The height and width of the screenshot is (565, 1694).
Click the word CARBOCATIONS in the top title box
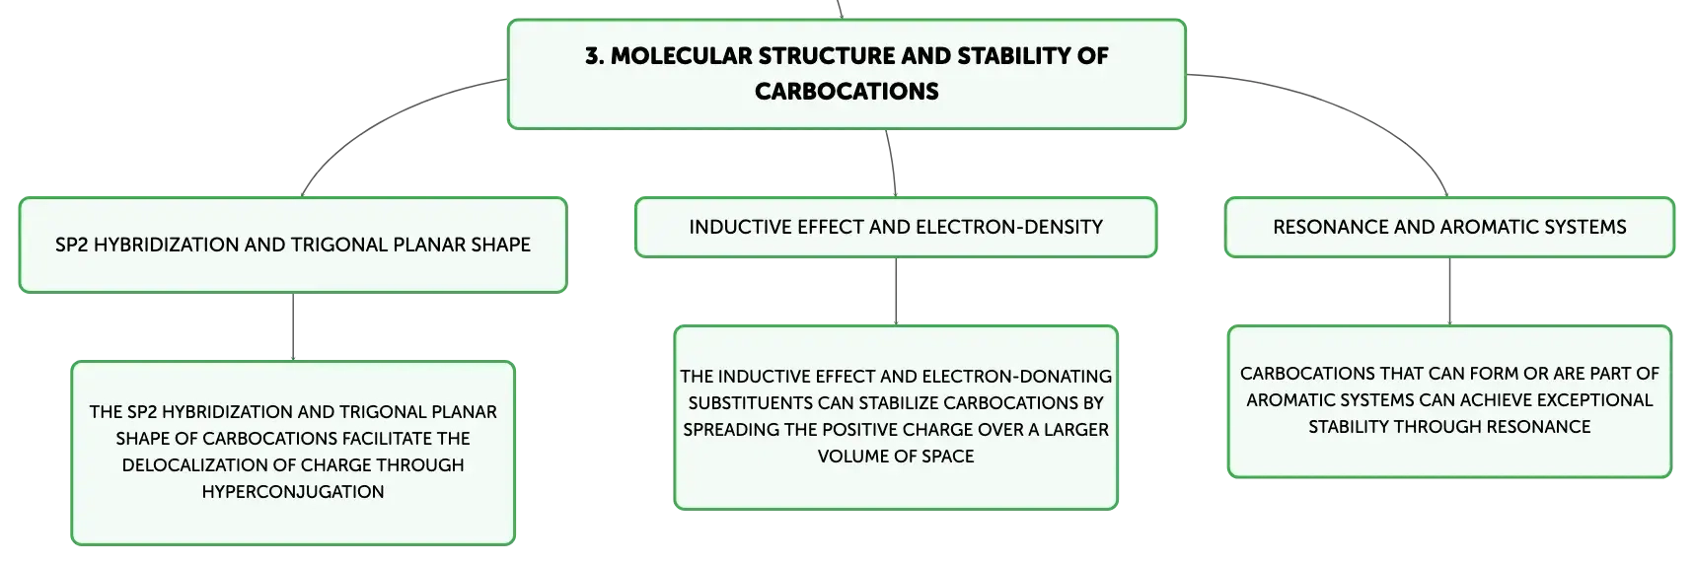(x=847, y=92)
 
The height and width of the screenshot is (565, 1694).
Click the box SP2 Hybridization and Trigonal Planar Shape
(x=293, y=245)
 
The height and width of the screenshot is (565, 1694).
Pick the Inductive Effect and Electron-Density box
(x=896, y=227)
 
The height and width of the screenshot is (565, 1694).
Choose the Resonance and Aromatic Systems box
(x=1449, y=227)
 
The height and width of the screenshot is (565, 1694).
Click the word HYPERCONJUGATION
(x=293, y=492)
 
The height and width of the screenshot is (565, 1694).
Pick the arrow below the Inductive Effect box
(x=896, y=292)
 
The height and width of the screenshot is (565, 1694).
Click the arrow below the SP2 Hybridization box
(x=293, y=327)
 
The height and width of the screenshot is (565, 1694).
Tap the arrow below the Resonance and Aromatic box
(x=1449, y=292)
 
